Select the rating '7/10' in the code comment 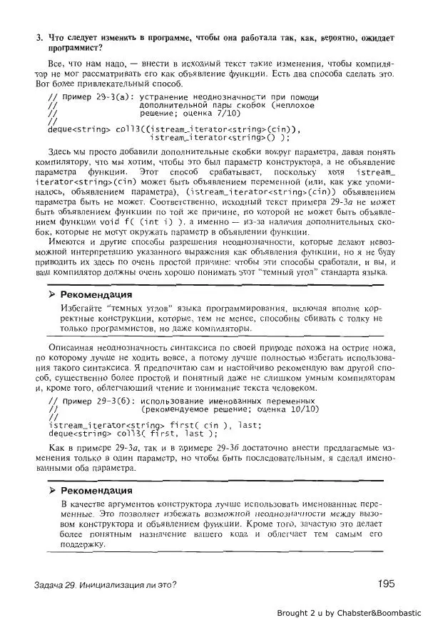point(228,113)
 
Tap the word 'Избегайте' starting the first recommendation point(80,307)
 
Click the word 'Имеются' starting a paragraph point(66,243)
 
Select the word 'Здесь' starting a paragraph point(60,152)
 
